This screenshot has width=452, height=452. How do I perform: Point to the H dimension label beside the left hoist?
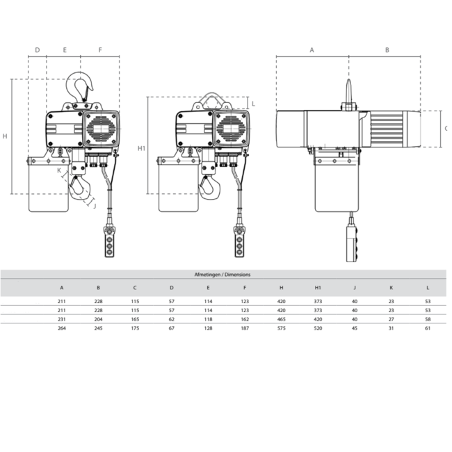pos(6,136)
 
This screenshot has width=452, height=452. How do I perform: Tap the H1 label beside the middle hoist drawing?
pos(141,148)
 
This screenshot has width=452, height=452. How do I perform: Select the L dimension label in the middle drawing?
pos(253,104)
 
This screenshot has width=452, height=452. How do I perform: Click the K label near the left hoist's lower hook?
pos(59,170)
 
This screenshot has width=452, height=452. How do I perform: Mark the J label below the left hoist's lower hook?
pos(94,205)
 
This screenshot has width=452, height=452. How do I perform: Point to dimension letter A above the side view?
pos(312,50)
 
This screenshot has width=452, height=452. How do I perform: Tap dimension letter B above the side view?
pos(387,50)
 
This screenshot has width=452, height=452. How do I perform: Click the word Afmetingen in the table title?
pos(206,275)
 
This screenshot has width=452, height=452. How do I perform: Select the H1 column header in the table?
pos(318,286)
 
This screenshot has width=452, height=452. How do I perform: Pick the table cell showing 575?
pos(281,328)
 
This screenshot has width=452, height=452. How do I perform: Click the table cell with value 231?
pos(62,318)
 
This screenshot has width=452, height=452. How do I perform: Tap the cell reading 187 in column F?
pos(245,328)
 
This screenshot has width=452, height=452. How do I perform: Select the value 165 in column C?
pos(135,318)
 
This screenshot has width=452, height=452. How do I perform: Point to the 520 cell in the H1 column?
pos(318,328)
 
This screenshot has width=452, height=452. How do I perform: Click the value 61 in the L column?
pos(428,328)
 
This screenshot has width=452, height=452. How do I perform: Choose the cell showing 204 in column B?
pos(99,318)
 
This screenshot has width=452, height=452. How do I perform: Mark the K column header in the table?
pos(391,286)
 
